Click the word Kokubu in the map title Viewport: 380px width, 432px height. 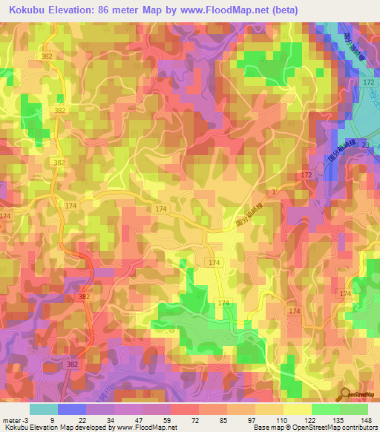pos(32,11)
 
